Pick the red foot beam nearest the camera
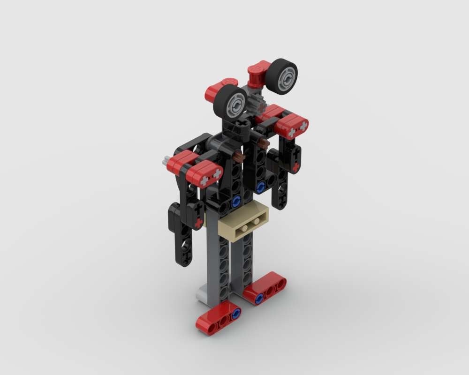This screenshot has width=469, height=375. pos(219,317)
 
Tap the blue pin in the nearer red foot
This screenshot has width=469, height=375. pos(235,312)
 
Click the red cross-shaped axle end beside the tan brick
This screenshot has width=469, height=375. pos(198,222)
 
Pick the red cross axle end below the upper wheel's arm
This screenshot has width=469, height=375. pos(296,166)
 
